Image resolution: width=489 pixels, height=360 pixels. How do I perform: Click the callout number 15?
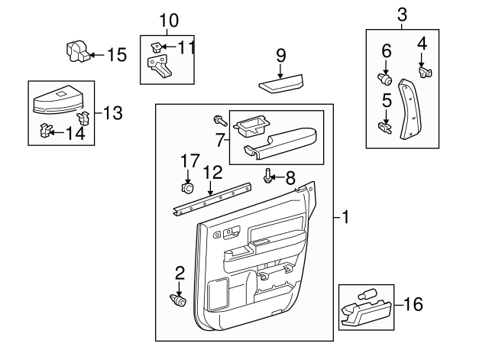pyautogui.click(x=116, y=54)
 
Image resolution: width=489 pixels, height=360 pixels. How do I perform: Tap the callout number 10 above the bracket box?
pyautogui.click(x=167, y=19)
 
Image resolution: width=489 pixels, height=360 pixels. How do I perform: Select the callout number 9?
pyautogui.click(x=281, y=55)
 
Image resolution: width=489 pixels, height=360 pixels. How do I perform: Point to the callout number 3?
pyautogui.click(x=402, y=14)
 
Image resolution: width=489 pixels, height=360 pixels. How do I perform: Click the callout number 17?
pyautogui.click(x=189, y=161)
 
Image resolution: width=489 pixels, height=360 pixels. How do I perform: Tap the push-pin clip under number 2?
pyautogui.click(x=178, y=300)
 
